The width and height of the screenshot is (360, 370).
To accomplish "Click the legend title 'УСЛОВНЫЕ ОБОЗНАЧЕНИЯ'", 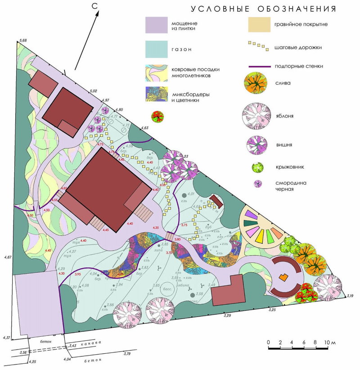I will pos(264,9).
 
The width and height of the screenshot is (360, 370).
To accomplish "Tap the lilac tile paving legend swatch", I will pos(156,25).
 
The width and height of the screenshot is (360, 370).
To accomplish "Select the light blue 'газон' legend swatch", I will pos(156,49).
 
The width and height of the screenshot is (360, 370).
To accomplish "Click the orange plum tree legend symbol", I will pos(257,84).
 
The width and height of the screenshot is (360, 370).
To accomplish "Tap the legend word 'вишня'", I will pos(284,145).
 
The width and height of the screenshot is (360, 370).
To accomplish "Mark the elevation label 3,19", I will pos(351,296).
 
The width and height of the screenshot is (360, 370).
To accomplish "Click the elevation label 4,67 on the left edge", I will pos(8,257).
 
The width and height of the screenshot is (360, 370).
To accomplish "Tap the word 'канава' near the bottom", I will pos(90,343).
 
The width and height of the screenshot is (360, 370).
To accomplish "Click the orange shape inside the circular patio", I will pos(283,278).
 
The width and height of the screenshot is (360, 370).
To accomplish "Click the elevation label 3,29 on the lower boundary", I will pos(228,316).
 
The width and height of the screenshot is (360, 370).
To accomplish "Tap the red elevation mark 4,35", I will pos(156,228).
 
